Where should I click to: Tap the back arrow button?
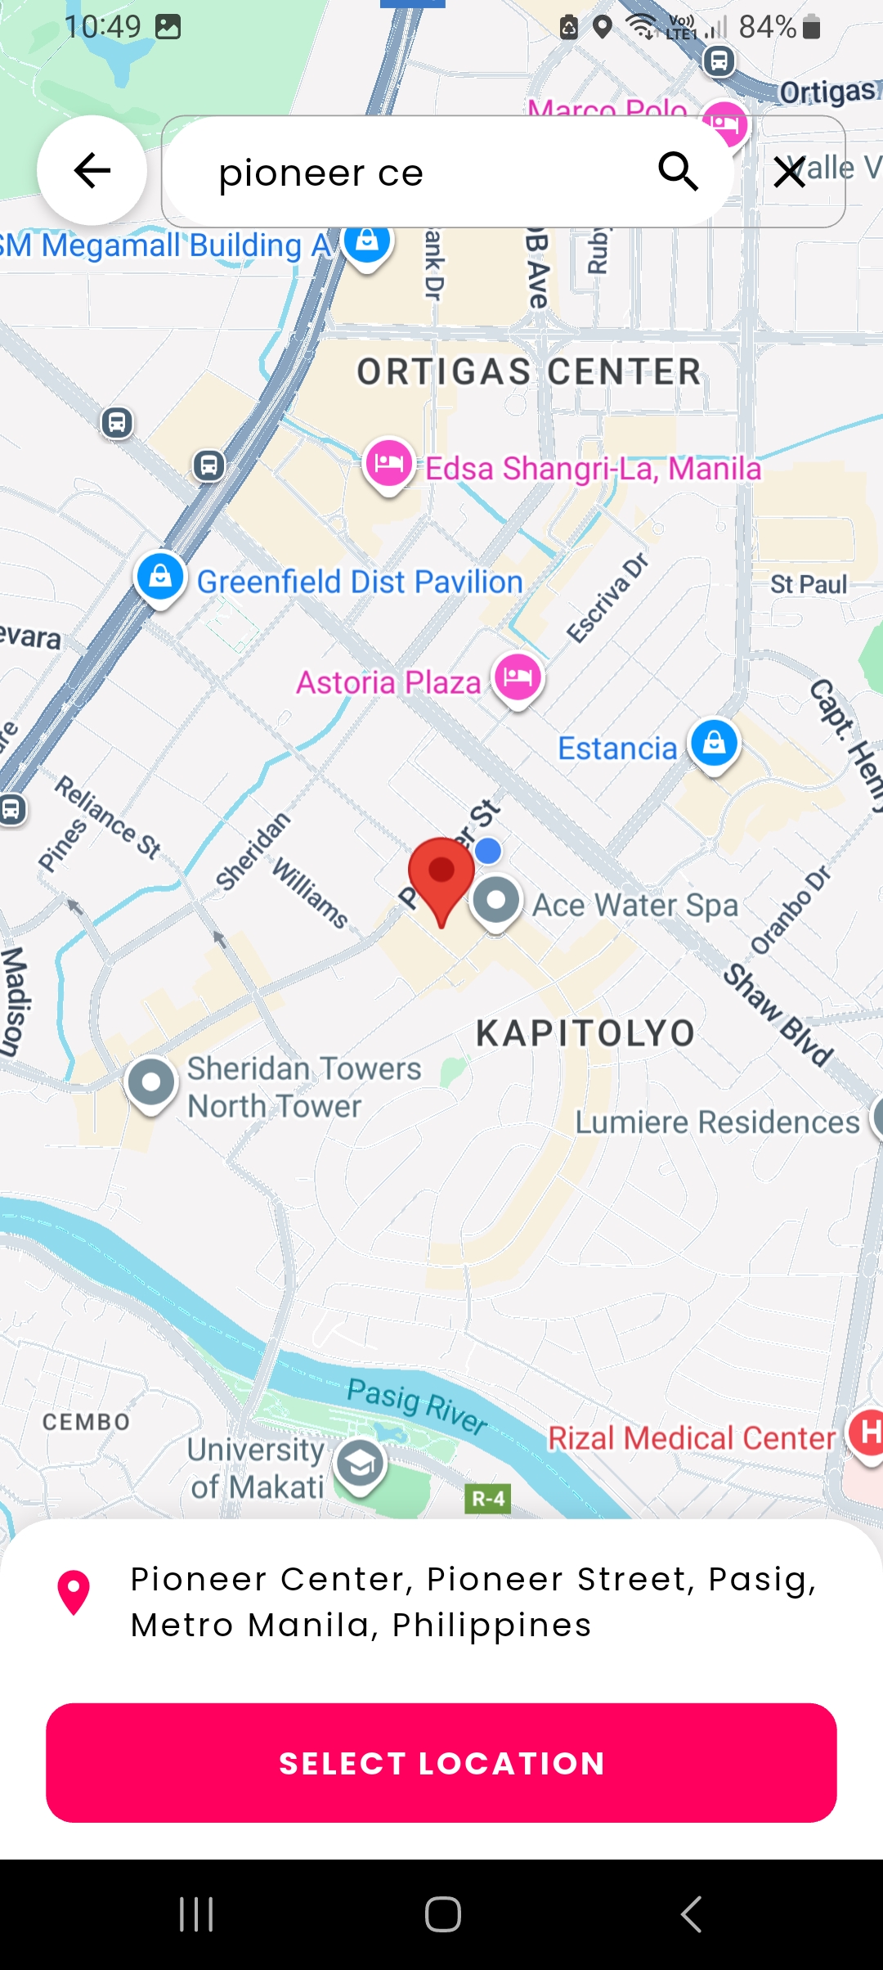click(x=92, y=170)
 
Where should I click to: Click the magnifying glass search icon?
click(x=678, y=171)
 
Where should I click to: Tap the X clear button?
click(x=789, y=172)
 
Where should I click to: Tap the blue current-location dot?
click(x=488, y=851)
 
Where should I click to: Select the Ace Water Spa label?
click(x=634, y=905)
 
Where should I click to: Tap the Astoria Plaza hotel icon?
click(x=518, y=677)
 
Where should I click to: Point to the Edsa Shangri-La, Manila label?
click(x=593, y=469)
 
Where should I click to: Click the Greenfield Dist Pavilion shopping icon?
click(x=160, y=576)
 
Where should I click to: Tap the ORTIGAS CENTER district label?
click(x=529, y=372)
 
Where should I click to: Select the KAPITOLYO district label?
click(x=585, y=1033)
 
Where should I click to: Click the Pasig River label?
click(x=417, y=1404)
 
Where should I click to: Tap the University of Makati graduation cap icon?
click(x=360, y=1464)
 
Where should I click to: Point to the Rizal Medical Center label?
click(x=692, y=1438)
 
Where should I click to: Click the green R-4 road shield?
click(x=488, y=1499)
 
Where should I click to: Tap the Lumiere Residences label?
click(x=717, y=1122)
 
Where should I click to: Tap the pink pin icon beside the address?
click(x=74, y=1591)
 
